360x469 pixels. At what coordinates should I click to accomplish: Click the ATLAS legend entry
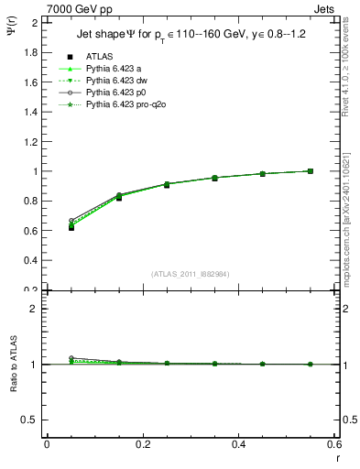(99, 56)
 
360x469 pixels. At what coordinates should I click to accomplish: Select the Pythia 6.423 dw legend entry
(113, 81)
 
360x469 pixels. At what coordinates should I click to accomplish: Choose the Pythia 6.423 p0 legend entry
(113, 93)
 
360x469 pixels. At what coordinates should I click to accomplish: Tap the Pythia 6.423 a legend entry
(111, 68)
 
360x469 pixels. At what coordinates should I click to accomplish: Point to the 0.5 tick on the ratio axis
(31, 420)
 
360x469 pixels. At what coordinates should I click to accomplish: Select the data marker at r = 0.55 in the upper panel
(311, 170)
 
